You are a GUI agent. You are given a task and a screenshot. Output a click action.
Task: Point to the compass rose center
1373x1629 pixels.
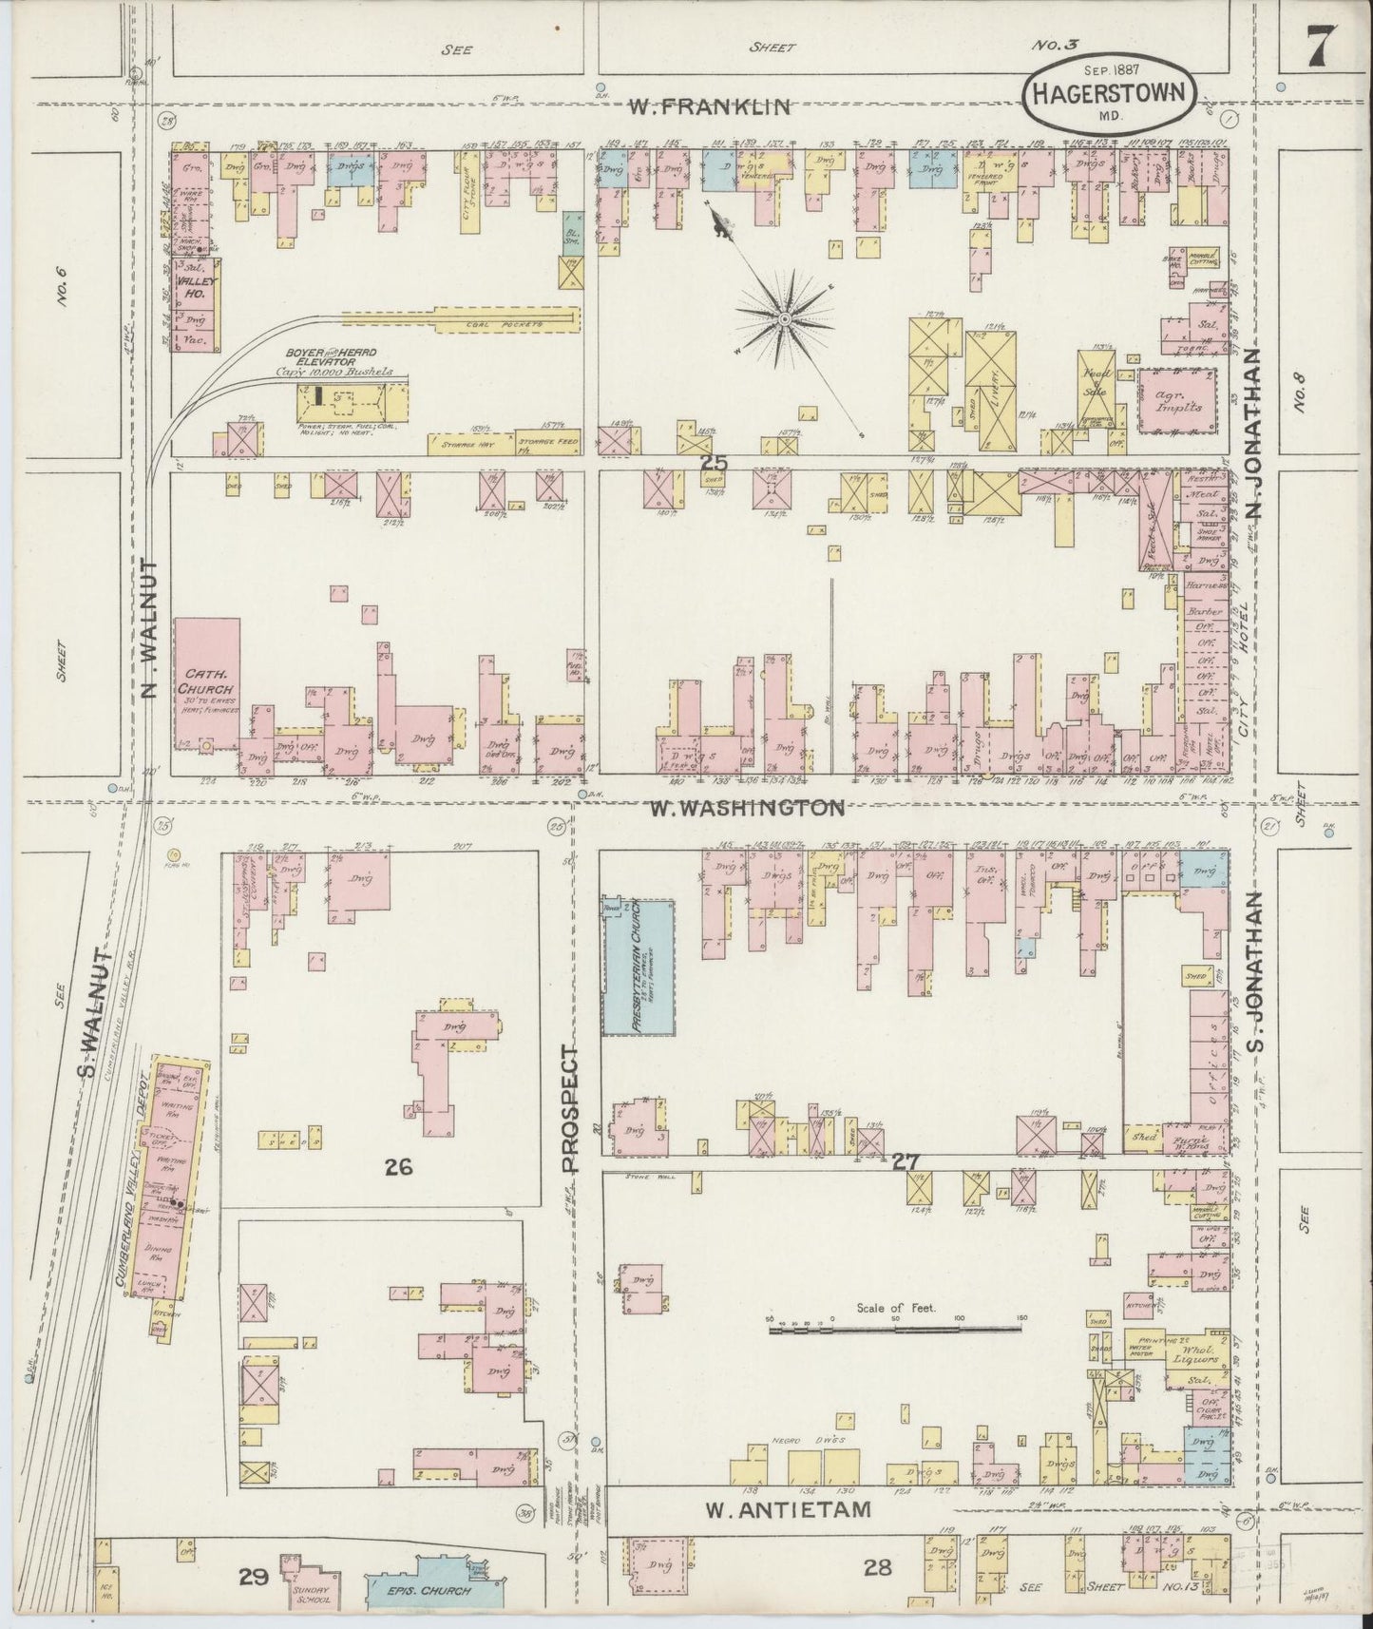pos(786,319)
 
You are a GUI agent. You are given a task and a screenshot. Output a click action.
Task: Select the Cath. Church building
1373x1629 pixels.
pos(207,684)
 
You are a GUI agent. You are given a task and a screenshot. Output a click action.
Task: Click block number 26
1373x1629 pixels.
pos(398,1167)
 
